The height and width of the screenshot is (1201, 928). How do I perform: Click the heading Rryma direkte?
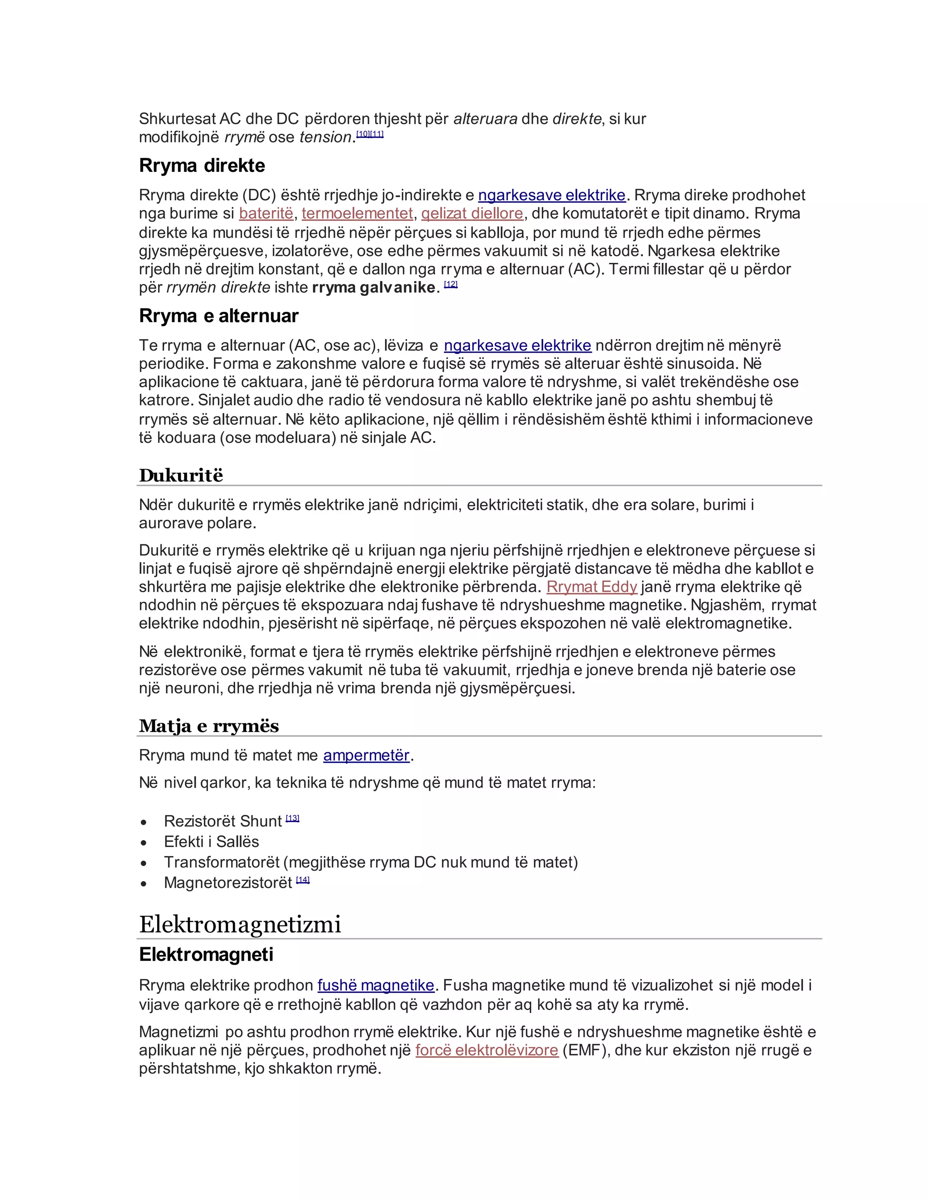[x=202, y=165]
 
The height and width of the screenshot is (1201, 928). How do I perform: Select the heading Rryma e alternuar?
[x=218, y=316]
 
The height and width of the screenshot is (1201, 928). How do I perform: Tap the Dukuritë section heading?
[x=181, y=475]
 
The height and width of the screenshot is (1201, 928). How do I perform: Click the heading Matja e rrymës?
[x=209, y=726]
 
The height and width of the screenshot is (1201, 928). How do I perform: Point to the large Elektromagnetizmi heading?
[x=240, y=925]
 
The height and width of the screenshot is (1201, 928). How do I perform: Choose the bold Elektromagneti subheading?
[x=206, y=954]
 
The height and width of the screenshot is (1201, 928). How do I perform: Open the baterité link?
[x=266, y=213]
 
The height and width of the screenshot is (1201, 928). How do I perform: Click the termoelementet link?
[x=358, y=213]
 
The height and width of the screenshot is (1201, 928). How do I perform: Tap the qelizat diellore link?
[x=472, y=213]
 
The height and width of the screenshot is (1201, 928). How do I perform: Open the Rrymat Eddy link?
[x=591, y=587]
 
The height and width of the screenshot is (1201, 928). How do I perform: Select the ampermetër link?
[x=366, y=755]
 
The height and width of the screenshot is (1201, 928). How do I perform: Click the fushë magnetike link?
[x=376, y=985]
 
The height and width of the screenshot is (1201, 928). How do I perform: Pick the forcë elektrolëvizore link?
[x=487, y=1051]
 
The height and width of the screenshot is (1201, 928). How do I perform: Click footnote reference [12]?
[x=451, y=284]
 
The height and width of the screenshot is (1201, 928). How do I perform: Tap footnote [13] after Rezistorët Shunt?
[x=292, y=818]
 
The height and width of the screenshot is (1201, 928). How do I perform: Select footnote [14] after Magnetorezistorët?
[x=303, y=880]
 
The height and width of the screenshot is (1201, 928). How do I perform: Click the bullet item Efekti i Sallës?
[x=211, y=842]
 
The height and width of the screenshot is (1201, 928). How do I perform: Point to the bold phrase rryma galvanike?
[x=373, y=288]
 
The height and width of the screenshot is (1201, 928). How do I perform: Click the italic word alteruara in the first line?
[x=485, y=119]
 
